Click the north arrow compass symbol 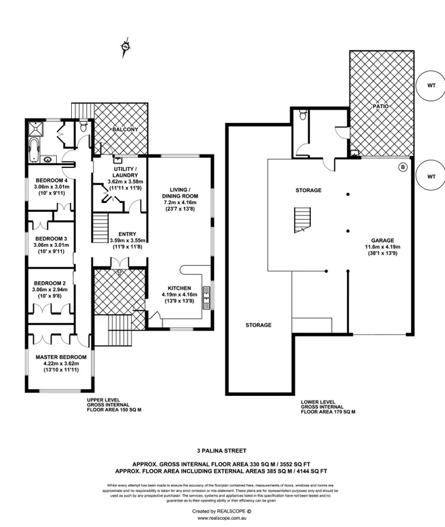click(125, 47)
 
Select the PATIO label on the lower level click(380, 107)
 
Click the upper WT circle click(431, 85)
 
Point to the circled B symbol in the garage click(403, 168)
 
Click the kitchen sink click(206, 294)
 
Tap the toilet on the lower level click(303, 115)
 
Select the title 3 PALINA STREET click(223, 451)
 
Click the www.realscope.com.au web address click(223, 518)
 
